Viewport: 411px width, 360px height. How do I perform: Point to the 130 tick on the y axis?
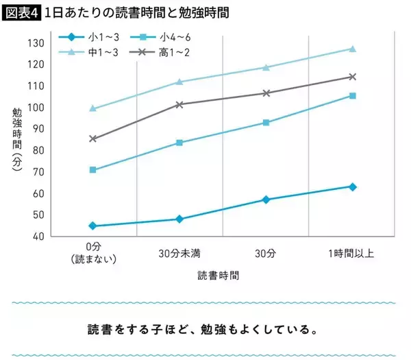click(36, 43)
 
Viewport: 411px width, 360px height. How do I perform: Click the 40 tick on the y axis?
click(38, 236)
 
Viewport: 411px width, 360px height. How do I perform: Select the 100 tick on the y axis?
click(36, 108)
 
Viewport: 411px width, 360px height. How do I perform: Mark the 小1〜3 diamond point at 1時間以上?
click(352, 187)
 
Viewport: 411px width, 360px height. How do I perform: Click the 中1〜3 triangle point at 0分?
click(92, 108)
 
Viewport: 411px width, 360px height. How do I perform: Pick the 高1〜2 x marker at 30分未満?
click(179, 104)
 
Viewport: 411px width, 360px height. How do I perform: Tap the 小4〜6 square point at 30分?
click(266, 123)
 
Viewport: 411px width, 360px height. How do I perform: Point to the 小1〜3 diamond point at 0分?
click(92, 226)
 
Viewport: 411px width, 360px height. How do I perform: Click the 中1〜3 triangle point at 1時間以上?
click(352, 49)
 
